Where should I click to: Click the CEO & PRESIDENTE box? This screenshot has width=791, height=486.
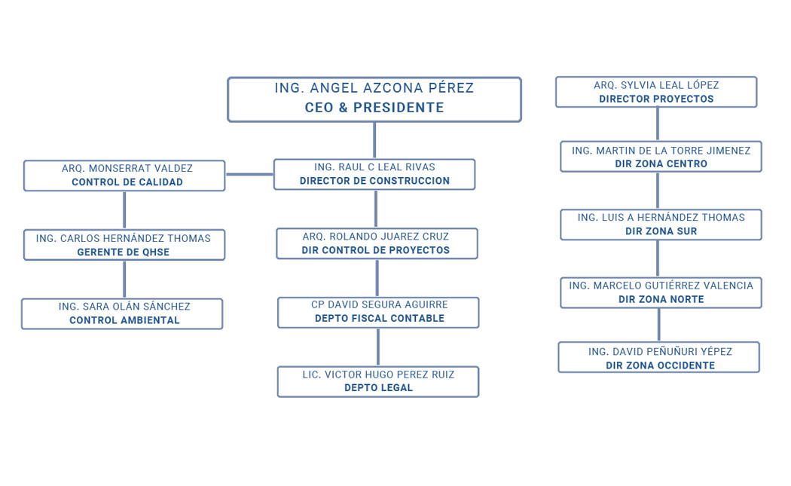374,99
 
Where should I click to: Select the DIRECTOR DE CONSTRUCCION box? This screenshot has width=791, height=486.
374,175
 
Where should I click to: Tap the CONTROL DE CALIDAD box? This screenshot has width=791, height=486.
124,176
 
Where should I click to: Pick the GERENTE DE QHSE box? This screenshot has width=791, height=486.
124,245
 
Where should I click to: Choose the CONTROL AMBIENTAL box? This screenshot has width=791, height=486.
122,314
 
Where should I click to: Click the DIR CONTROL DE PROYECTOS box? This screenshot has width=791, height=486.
377,244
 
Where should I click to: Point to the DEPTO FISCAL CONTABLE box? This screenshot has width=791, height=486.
378,313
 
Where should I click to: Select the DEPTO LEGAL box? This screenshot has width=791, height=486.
378,381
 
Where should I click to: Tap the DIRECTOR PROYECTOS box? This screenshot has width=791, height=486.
656,92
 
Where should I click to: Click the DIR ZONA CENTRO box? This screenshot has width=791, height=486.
661,157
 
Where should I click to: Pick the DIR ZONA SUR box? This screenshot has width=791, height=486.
661,225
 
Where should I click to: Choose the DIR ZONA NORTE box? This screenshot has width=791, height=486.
661,292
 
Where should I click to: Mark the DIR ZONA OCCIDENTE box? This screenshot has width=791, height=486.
659,357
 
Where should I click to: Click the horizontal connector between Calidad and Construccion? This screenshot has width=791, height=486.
249,175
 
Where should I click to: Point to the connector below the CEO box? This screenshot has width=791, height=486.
374,140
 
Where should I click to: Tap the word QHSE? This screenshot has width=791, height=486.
157,252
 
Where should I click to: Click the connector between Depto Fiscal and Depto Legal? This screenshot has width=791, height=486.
378,347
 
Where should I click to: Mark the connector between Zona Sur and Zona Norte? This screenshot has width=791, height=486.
658,259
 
